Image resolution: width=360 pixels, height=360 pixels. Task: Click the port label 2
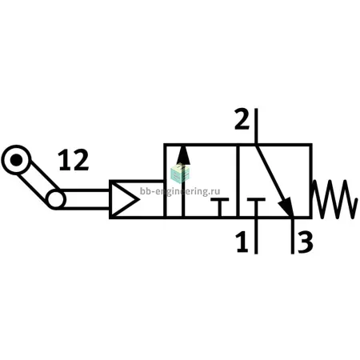point(242,119)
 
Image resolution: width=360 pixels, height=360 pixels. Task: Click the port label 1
point(242,242)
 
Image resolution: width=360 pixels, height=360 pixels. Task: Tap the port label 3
point(306,242)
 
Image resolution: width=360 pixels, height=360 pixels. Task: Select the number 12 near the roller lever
point(74,160)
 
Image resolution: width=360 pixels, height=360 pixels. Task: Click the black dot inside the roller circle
point(17,160)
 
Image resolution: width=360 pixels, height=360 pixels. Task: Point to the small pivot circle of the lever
point(56,199)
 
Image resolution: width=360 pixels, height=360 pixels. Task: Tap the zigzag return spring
point(334,199)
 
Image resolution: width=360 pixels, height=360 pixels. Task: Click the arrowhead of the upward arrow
point(183,155)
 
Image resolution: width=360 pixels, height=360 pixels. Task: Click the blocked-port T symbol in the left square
point(219,207)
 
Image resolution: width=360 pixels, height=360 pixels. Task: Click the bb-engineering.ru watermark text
point(180,191)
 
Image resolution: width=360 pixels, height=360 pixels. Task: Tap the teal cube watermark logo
point(181,174)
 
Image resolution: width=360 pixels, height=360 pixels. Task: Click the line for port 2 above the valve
point(256,126)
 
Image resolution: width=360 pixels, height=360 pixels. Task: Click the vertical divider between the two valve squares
point(238,181)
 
